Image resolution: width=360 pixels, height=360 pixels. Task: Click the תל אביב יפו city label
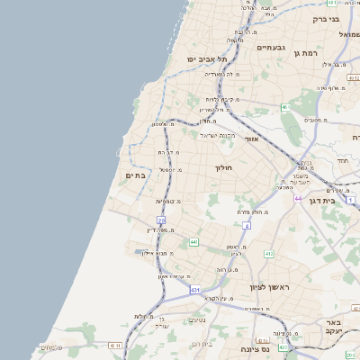tap(205, 58)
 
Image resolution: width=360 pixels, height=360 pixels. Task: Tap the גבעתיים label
tap(270, 47)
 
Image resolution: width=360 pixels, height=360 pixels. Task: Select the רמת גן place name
tap(308, 54)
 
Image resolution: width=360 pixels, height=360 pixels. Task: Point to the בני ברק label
tap(326, 18)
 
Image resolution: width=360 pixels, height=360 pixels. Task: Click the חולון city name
tap(223, 168)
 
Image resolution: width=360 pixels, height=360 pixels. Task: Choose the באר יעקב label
tap(334, 327)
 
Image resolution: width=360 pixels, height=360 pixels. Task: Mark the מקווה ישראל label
tap(217, 135)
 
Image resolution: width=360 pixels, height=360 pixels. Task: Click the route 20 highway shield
tap(161, 220)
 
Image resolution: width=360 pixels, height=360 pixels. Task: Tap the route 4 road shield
tap(246, 225)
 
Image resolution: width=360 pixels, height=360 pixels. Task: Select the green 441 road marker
tap(193, 242)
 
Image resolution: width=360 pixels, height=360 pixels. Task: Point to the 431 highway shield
tap(195, 290)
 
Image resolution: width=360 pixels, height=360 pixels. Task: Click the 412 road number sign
tap(268, 254)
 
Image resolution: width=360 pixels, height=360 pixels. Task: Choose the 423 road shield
tap(283, 347)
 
